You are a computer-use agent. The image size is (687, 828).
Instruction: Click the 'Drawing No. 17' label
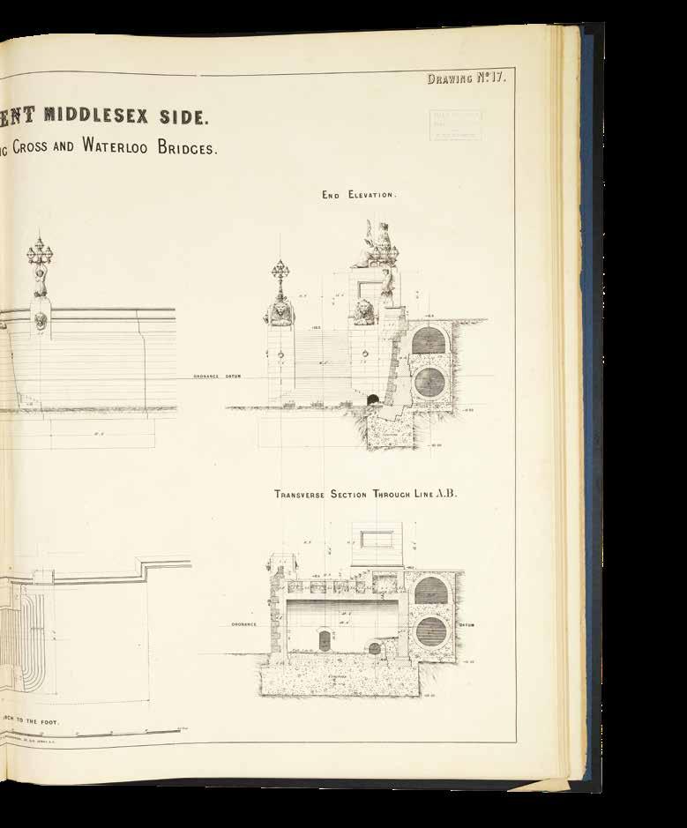coord(465,78)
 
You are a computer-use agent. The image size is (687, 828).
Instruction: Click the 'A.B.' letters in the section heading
coord(447,494)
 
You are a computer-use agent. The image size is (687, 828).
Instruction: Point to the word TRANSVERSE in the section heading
coord(304,495)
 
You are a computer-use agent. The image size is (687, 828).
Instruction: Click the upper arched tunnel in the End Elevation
coord(432,341)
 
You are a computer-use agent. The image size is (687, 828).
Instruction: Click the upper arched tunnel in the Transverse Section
coord(430,590)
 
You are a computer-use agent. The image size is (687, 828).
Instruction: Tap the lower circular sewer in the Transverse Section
coord(430,631)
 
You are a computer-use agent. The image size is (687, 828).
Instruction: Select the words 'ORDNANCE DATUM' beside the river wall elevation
coord(217,377)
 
